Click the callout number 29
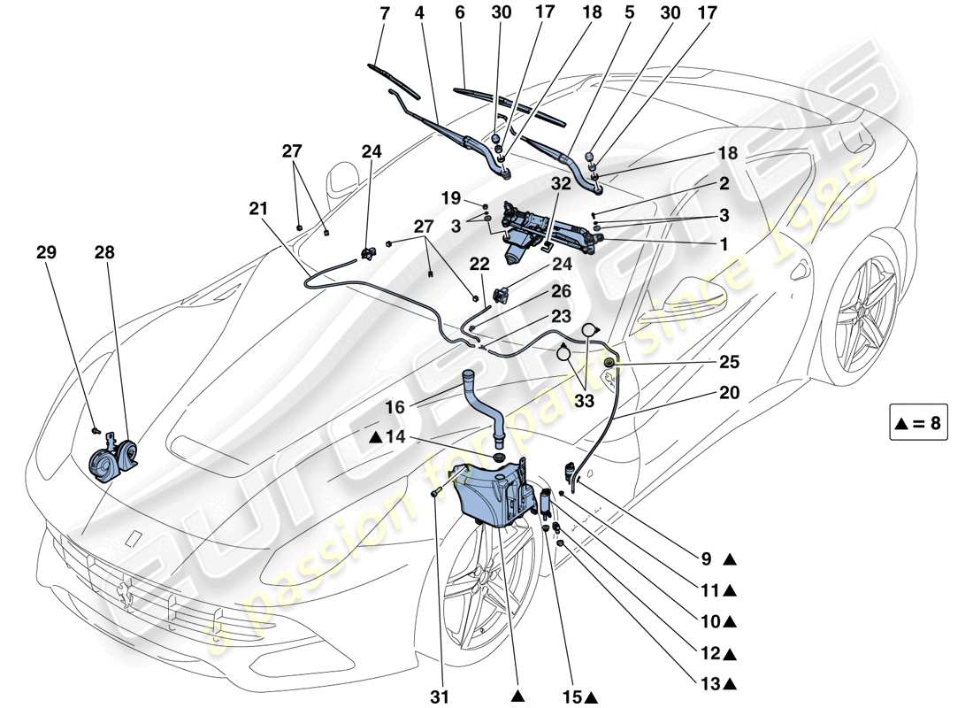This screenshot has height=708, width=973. [46, 252]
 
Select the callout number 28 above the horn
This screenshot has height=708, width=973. [104, 252]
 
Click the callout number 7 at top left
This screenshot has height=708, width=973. [385, 14]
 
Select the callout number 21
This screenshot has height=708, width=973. [257, 209]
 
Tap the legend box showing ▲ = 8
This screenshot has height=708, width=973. [918, 423]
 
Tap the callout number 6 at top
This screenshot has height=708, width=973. [459, 14]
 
